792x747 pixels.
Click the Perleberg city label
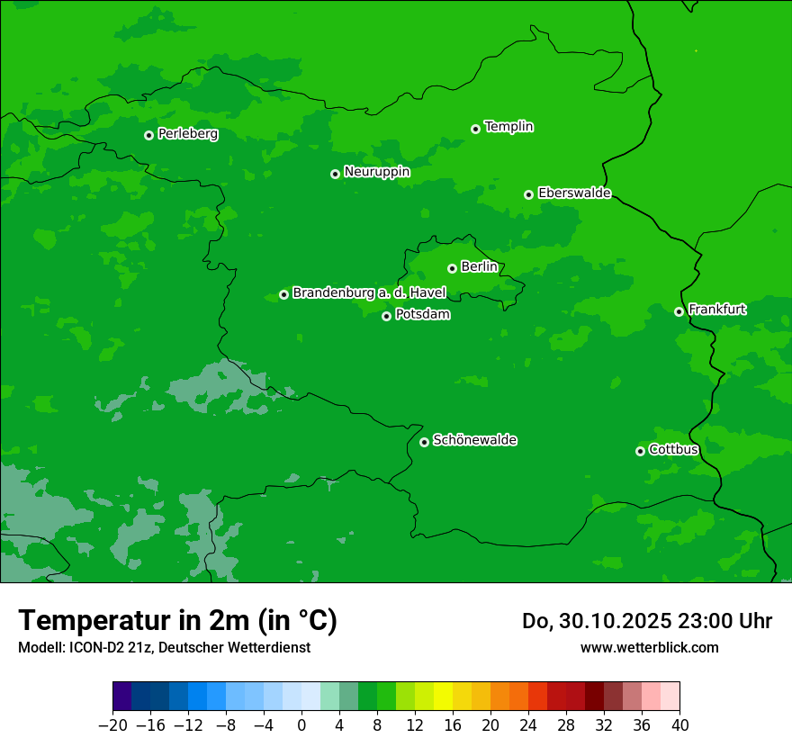(x=187, y=134)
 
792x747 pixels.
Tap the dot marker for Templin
(x=475, y=129)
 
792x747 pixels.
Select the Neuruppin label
(x=376, y=172)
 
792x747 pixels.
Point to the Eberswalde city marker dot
(x=528, y=194)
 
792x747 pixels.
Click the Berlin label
(x=479, y=267)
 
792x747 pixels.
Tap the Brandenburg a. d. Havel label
(x=369, y=293)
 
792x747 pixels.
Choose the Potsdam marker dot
(x=386, y=316)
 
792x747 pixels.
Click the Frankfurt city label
(x=716, y=310)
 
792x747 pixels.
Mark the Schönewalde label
(x=474, y=440)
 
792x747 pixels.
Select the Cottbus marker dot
(x=640, y=451)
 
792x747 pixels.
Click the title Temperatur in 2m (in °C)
(x=177, y=620)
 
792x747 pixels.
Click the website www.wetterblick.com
(x=649, y=647)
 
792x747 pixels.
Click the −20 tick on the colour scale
(x=112, y=725)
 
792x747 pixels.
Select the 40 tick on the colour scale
(x=679, y=725)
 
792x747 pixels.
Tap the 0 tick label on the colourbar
(x=301, y=725)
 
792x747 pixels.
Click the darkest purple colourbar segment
(x=122, y=697)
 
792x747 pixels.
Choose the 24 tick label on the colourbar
(x=528, y=725)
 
